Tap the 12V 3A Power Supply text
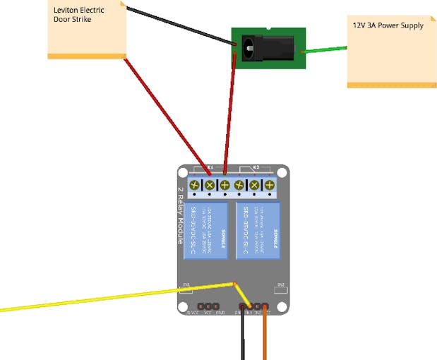pos(388,25)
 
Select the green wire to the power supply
pos(325,49)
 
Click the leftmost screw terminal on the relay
pos(194,185)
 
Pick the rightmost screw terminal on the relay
pos(269,185)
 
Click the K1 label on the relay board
pos(210,168)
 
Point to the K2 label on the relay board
pos(256,168)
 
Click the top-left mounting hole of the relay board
pos(181,172)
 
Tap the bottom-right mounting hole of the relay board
pos(282,308)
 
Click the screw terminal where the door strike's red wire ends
pos(210,185)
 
